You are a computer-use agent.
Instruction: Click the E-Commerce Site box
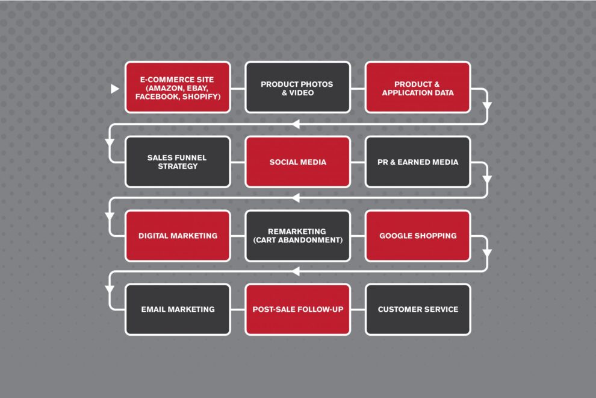[x=178, y=87]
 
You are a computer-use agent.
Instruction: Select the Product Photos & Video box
[x=297, y=87]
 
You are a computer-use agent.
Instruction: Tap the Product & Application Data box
[x=418, y=87]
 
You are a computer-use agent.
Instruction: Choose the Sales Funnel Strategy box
[x=178, y=162]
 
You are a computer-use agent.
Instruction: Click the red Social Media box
[x=297, y=162]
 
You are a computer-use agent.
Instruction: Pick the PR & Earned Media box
[x=418, y=162]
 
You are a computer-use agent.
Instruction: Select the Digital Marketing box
[x=178, y=235]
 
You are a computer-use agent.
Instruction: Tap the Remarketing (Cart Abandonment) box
[x=297, y=235]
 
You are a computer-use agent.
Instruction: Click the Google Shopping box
[x=418, y=235]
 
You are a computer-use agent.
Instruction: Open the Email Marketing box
[x=178, y=309]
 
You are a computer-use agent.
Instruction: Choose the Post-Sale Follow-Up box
[x=297, y=309]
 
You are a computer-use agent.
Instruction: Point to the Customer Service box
[x=418, y=309]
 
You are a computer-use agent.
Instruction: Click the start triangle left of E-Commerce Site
[x=114, y=89]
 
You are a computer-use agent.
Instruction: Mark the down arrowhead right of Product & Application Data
[x=487, y=106]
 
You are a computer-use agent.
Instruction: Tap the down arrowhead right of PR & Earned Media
[x=487, y=179]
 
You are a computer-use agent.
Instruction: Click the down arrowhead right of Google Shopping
[x=487, y=253]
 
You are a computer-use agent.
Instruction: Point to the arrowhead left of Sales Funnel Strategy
[x=110, y=143]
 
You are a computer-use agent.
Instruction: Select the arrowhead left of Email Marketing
[x=110, y=289]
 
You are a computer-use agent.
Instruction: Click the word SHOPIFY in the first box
[x=201, y=96]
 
